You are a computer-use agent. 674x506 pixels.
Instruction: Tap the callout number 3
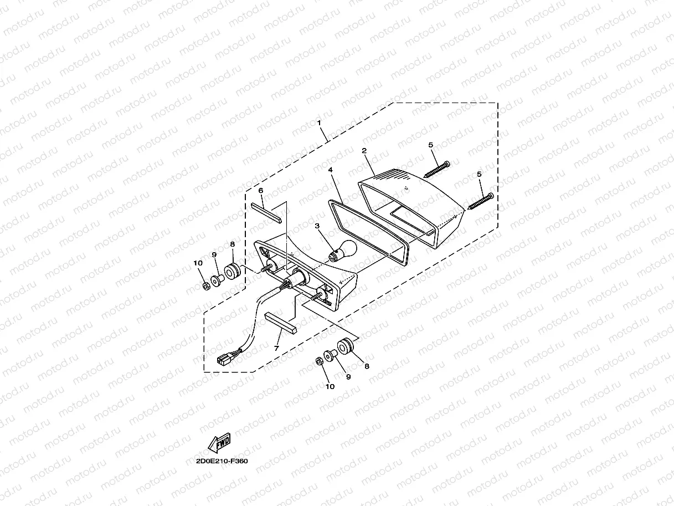[317, 226]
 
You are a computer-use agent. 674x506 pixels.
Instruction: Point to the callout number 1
[318, 121]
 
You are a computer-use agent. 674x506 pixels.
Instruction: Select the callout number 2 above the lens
[364, 151]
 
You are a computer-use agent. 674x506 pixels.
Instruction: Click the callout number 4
[330, 170]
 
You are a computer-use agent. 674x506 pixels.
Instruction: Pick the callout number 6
[261, 191]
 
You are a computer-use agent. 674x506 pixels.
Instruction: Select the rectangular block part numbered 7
[281, 323]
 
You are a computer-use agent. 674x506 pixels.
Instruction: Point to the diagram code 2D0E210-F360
[222, 461]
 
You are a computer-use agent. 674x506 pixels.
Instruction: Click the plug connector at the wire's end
[224, 361]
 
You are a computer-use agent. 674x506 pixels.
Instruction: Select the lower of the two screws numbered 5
[480, 201]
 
